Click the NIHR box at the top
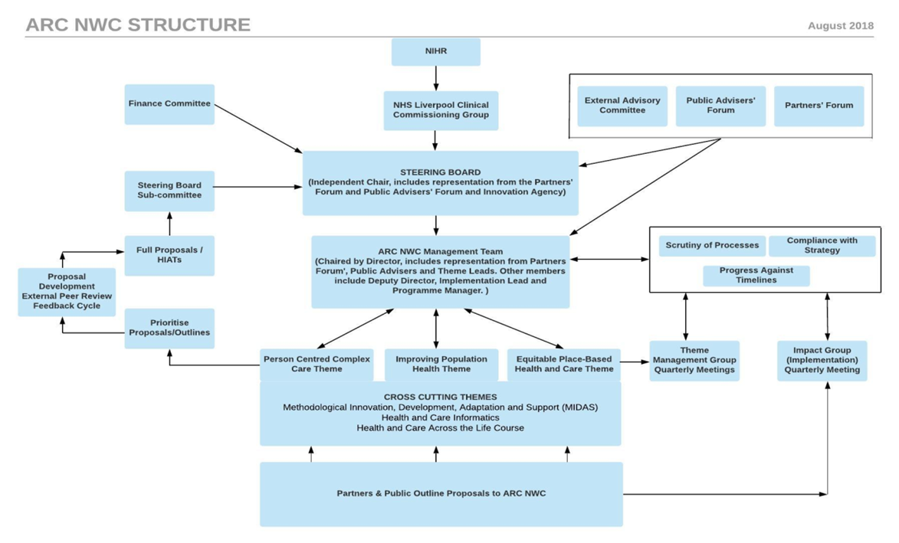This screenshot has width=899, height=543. (x=435, y=52)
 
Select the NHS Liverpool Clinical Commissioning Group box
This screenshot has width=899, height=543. (x=440, y=110)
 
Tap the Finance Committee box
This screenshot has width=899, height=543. (x=169, y=104)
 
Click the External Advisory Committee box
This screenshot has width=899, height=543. (x=622, y=106)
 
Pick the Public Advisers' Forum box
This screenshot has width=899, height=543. (x=720, y=106)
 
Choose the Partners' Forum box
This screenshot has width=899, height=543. (x=819, y=106)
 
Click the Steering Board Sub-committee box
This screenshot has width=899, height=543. (x=169, y=191)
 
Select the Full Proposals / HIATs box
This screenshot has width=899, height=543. (x=169, y=255)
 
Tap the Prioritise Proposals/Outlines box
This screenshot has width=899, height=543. (x=169, y=328)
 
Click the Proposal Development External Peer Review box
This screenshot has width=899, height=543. (x=67, y=292)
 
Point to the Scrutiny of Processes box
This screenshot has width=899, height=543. (x=712, y=246)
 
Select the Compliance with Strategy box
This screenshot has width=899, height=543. (x=822, y=246)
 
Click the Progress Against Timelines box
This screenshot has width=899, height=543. (x=756, y=276)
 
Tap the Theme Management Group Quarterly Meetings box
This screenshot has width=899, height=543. (x=694, y=361)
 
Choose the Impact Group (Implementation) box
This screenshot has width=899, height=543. (x=822, y=361)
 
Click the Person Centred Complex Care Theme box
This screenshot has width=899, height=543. (x=317, y=365)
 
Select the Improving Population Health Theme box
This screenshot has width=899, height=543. (x=441, y=365)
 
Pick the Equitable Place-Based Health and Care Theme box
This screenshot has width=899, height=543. (x=563, y=365)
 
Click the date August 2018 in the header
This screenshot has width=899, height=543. (x=840, y=25)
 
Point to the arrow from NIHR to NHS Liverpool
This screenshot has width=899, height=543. (x=436, y=78)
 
